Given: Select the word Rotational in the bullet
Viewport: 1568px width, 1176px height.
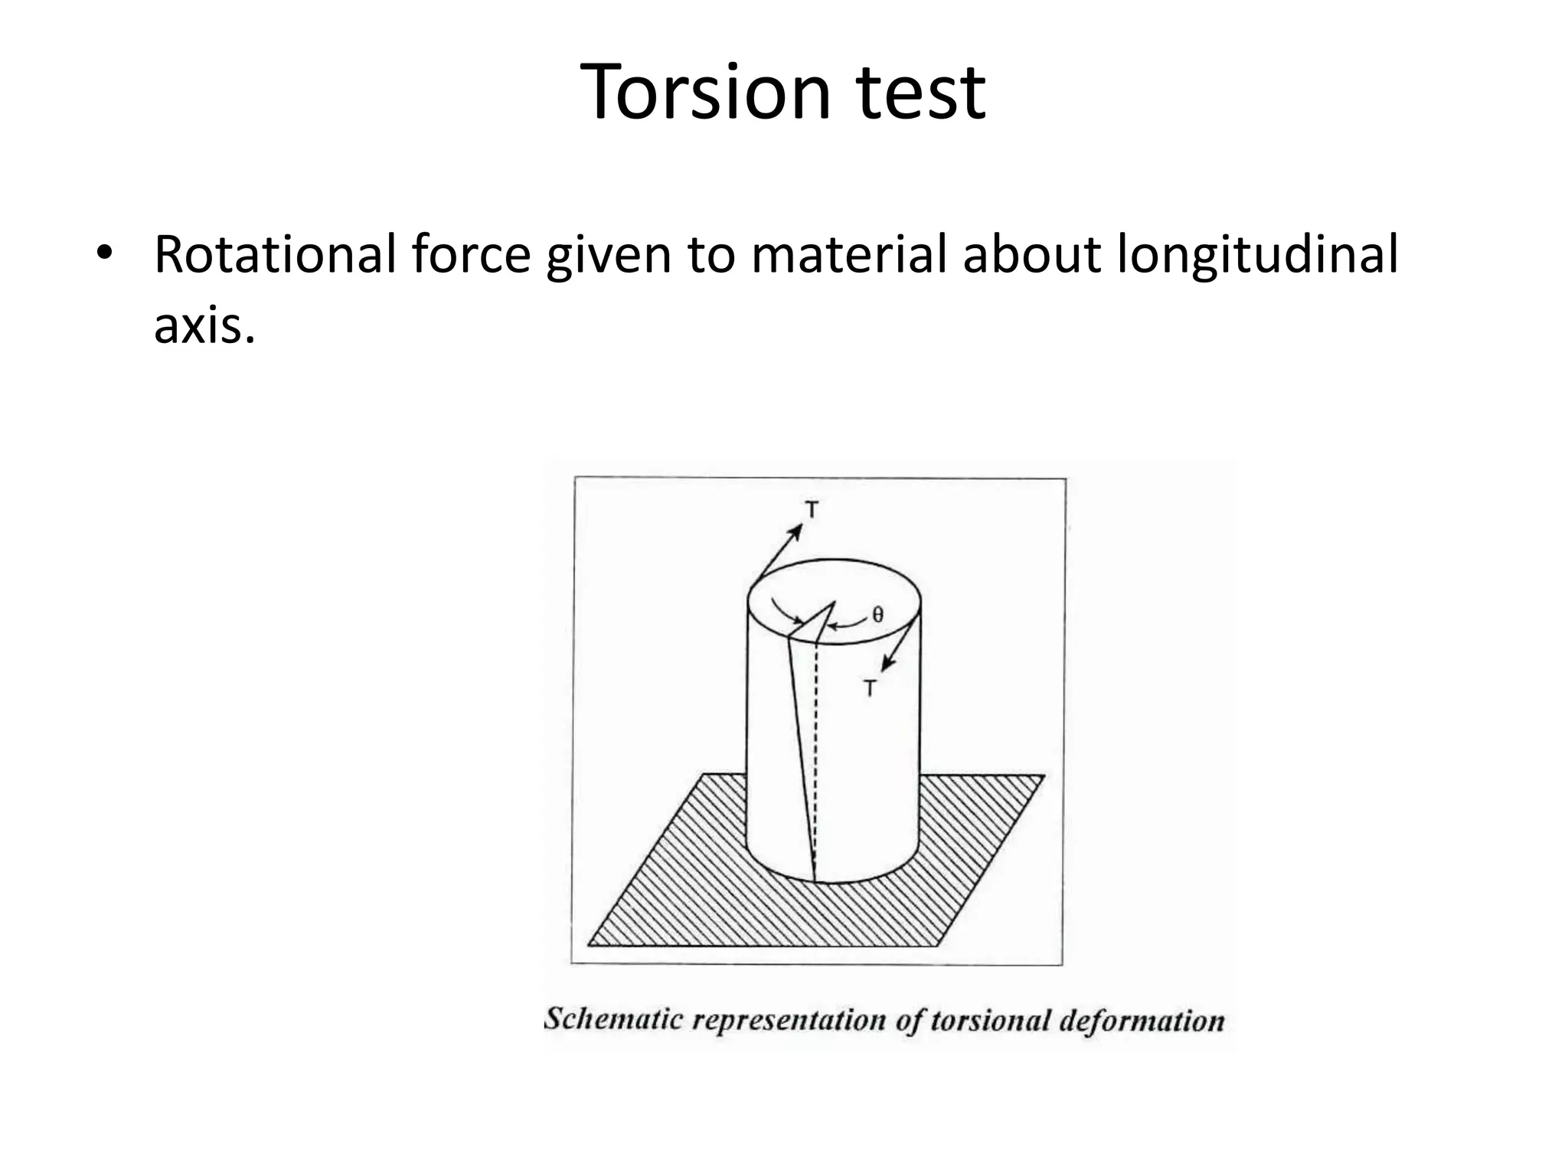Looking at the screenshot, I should tap(275, 254).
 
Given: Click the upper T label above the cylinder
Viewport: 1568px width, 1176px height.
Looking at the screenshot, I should tap(812, 509).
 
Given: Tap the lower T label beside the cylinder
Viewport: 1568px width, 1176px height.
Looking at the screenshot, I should tap(871, 688).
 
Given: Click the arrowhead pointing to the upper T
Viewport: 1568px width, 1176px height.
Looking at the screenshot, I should tap(796, 530).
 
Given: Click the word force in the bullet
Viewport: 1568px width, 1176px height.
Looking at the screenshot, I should tap(471, 254).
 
